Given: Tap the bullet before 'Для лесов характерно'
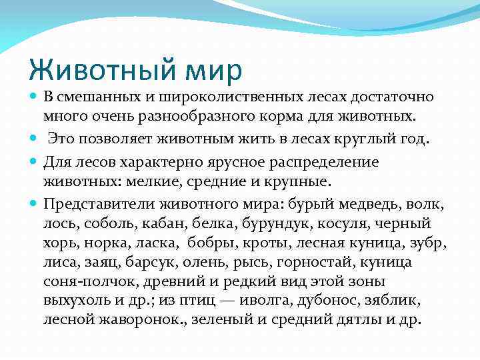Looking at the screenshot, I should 35,161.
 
